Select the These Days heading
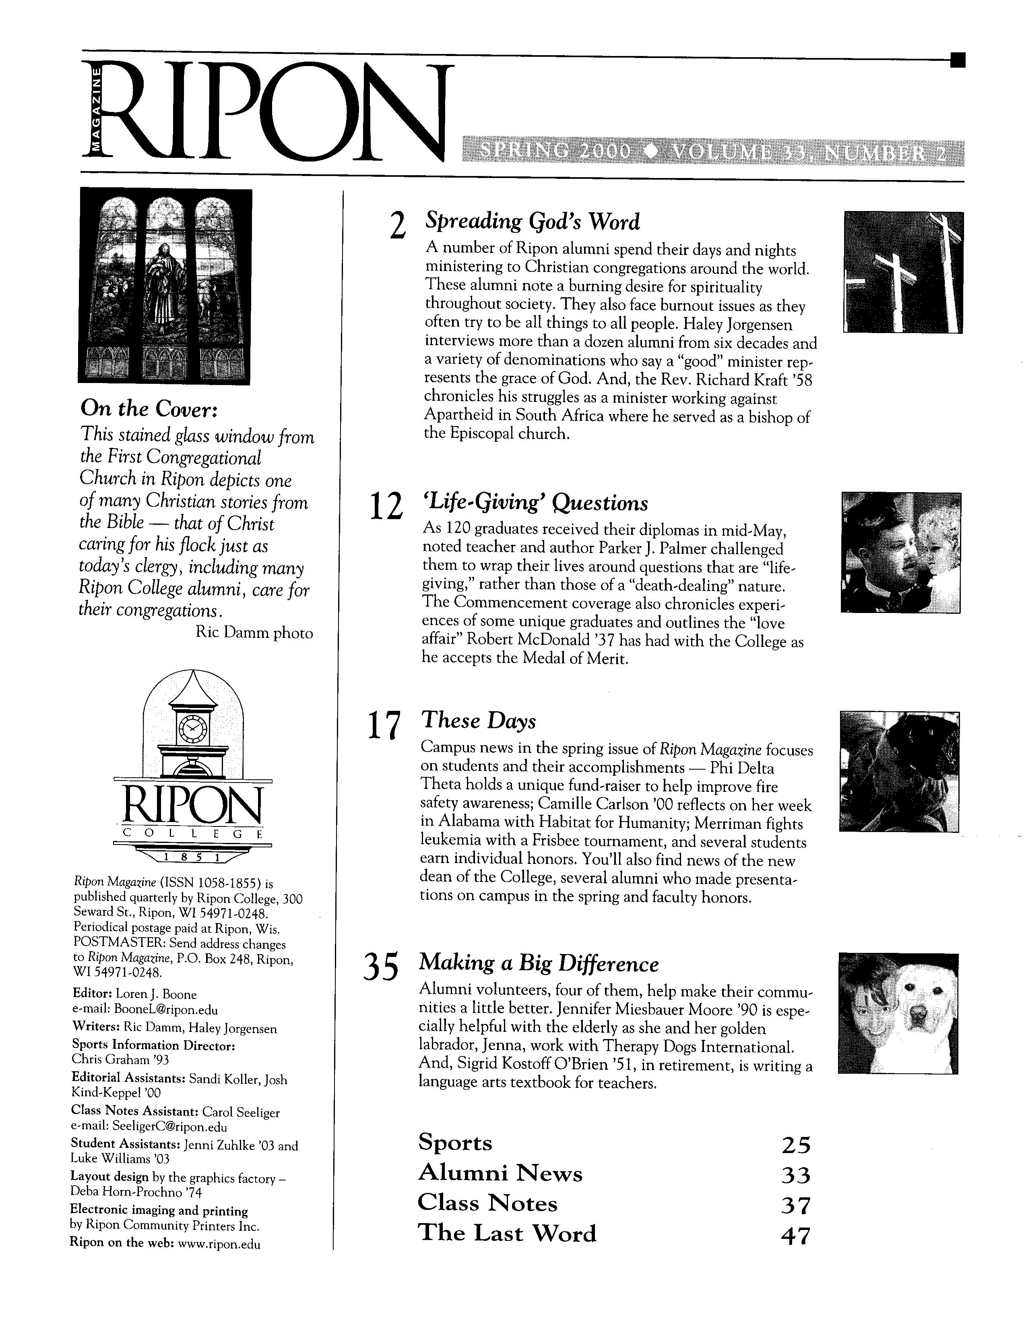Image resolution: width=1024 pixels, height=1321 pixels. tap(478, 721)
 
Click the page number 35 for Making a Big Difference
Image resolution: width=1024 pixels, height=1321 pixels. tap(381, 967)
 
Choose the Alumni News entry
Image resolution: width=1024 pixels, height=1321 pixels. tap(500, 1174)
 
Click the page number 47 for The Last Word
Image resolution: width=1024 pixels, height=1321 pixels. tap(795, 1236)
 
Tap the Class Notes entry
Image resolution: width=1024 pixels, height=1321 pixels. tap(487, 1204)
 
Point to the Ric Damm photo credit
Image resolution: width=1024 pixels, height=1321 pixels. tap(254, 633)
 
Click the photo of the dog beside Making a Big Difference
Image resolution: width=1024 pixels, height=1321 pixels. tap(898, 1013)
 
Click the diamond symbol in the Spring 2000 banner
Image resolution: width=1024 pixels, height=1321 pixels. tap(650, 152)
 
